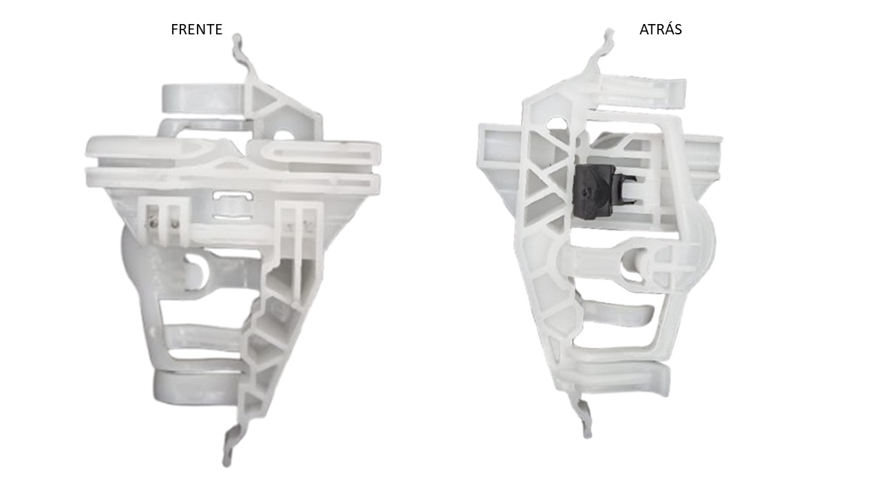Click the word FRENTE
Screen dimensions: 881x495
click(196, 30)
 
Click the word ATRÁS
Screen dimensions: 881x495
click(660, 30)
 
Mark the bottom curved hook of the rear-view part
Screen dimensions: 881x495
click(583, 417)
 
